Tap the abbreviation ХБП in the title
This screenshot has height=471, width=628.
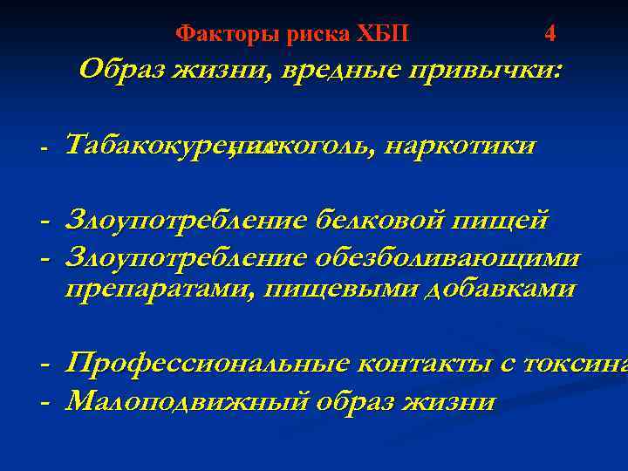click(381, 34)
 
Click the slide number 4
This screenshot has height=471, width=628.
click(549, 34)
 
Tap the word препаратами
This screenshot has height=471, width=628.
click(152, 289)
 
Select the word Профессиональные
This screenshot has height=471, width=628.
click(205, 363)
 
